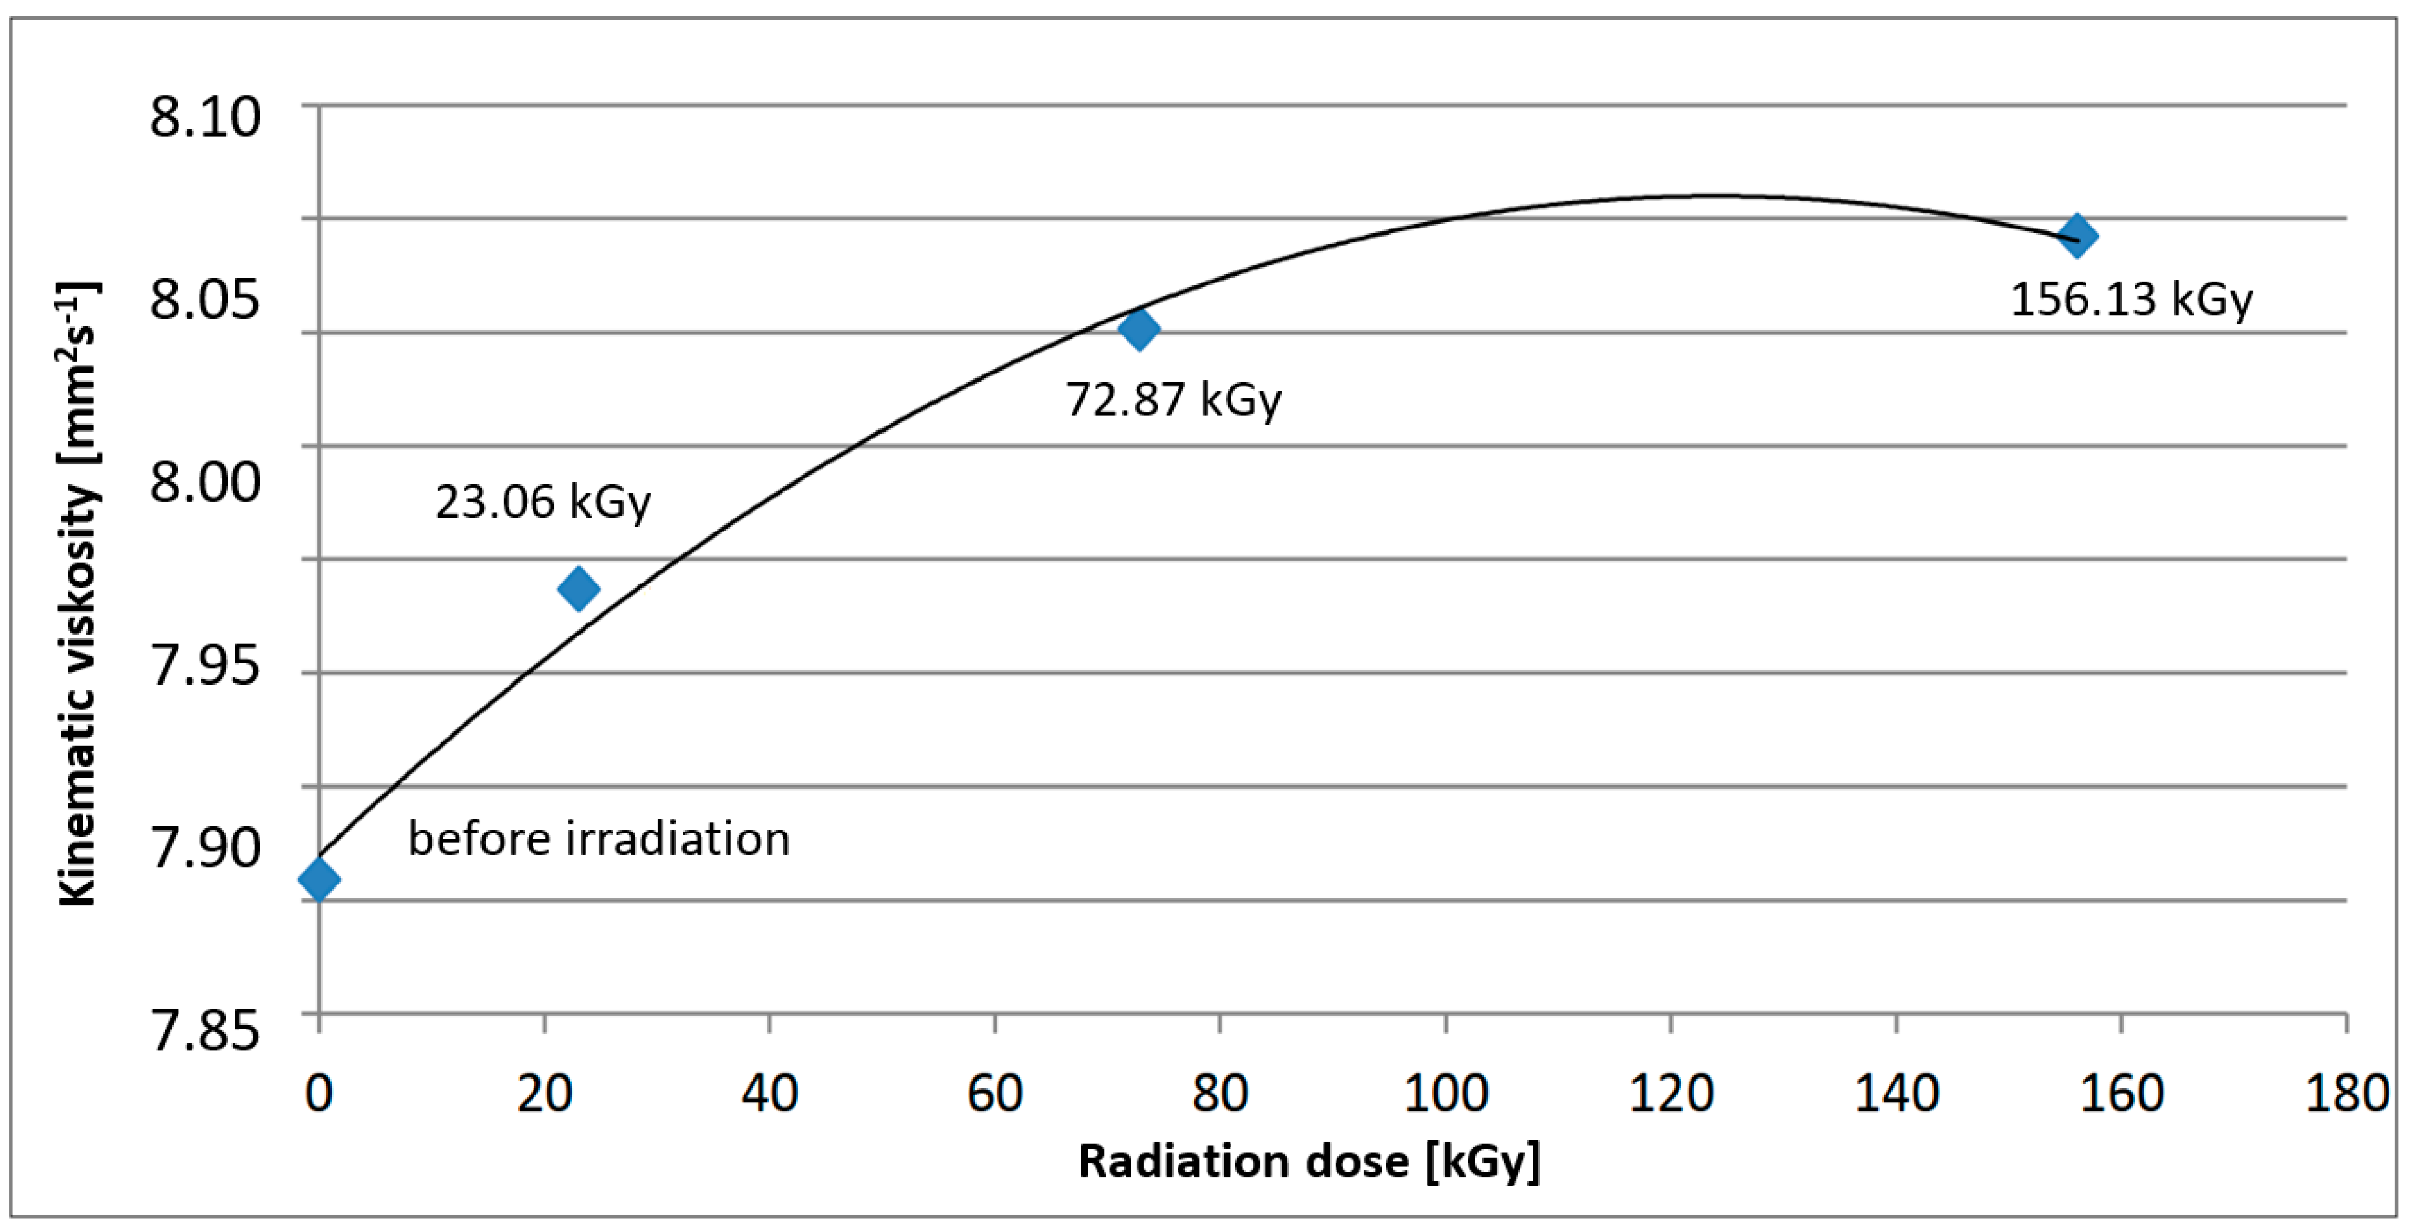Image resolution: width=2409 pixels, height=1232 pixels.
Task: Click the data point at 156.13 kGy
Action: point(2077,235)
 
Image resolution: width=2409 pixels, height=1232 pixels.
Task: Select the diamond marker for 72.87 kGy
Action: point(1139,328)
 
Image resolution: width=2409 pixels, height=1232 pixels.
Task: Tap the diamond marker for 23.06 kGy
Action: point(578,589)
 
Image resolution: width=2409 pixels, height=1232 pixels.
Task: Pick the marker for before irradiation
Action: point(319,879)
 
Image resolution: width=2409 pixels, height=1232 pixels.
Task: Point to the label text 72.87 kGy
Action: point(1173,400)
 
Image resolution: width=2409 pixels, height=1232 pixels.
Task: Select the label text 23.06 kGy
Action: point(542,502)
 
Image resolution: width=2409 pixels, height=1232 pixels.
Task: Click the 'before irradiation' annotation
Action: point(598,839)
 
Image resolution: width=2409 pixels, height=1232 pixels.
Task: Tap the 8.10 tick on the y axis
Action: point(205,119)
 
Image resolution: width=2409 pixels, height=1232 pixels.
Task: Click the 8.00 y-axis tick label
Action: point(205,483)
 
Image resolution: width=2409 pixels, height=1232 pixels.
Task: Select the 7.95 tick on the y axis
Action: point(205,666)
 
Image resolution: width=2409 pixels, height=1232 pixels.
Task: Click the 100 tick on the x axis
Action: point(1446,1093)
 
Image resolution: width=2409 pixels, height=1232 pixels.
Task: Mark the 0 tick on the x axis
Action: point(319,1093)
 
